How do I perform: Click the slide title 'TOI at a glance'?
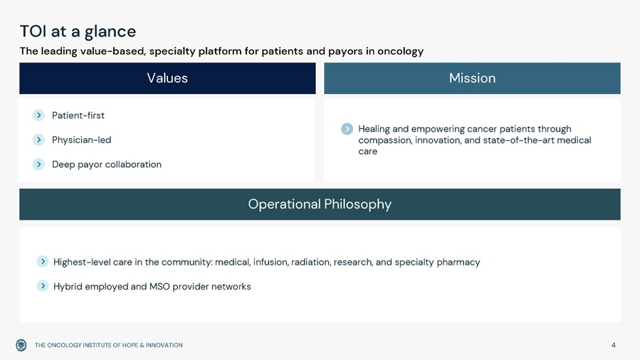pos(78,32)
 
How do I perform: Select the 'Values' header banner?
pos(167,78)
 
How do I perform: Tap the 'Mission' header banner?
pos(472,78)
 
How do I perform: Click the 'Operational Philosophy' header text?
pos(320,204)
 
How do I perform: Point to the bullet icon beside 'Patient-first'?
pos(38,115)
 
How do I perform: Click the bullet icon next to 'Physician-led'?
pos(38,140)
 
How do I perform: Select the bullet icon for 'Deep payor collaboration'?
pos(38,164)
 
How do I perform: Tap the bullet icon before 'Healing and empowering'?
pos(347,129)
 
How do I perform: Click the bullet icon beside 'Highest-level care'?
pos(43,261)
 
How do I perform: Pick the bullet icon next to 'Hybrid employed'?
pos(43,286)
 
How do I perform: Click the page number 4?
pos(614,345)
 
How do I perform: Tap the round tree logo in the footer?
pos(21,345)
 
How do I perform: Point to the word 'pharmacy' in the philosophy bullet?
pos(458,262)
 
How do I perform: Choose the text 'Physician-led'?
pos(81,140)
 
